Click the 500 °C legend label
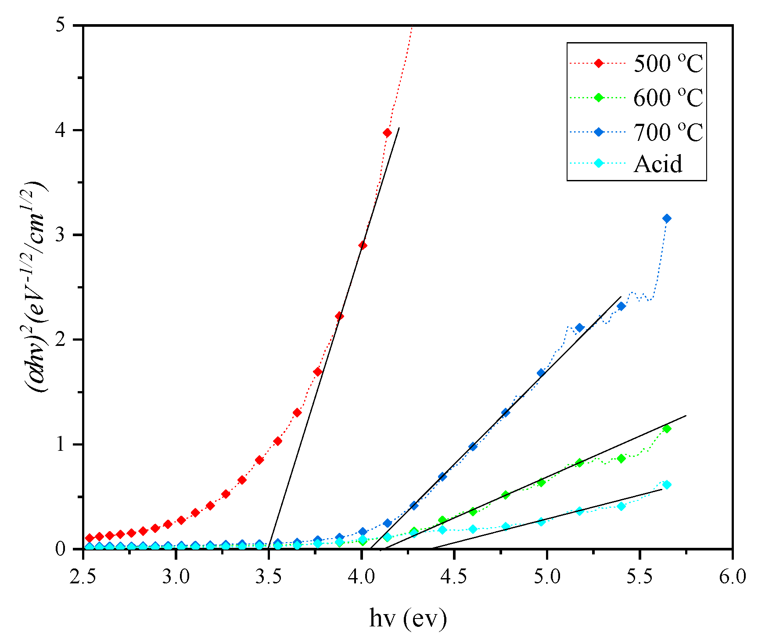[668, 64]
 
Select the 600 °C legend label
[668, 97]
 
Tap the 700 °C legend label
[668, 131]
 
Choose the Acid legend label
[658, 164]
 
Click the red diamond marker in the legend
[598, 63]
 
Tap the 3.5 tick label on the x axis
[269, 577]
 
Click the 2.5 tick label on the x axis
[83, 577]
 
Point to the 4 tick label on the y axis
[66, 130]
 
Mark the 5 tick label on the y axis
[66, 25]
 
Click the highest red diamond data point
[387, 133]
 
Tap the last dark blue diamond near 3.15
[667, 218]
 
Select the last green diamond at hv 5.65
[667, 429]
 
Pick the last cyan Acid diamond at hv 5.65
[667, 485]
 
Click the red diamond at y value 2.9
[363, 245]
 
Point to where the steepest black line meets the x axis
[268, 548]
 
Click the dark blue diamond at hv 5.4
[621, 306]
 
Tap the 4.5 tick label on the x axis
[454, 577]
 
